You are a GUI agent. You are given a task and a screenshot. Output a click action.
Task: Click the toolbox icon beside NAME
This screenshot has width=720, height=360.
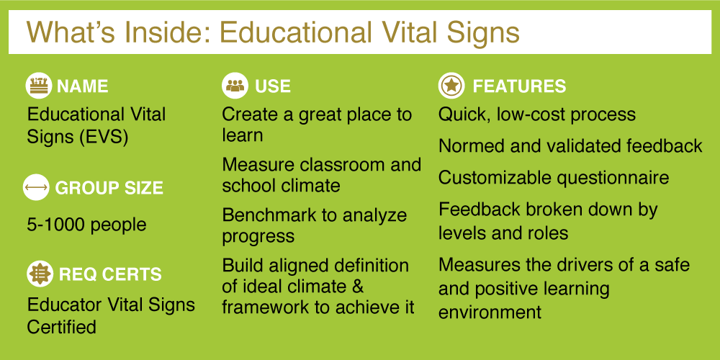[39, 86]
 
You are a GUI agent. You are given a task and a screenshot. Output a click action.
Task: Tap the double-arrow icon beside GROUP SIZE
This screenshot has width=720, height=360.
[36, 188]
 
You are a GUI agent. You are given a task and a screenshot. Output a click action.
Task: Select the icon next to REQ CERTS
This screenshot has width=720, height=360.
[40, 274]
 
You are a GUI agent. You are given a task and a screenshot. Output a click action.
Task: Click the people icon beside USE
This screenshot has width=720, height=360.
[235, 86]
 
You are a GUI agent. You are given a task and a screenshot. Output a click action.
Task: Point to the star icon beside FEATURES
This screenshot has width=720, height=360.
[451, 86]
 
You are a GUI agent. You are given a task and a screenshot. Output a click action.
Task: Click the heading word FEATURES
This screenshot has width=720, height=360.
[519, 86]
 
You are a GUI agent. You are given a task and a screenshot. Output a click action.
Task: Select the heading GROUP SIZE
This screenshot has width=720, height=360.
[109, 188]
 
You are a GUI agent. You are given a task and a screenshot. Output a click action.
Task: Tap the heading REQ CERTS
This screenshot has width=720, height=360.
[110, 274]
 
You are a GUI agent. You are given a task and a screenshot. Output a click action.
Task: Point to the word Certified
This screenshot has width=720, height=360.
[61, 327]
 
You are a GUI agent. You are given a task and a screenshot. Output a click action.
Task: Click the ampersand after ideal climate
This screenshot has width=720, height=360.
[357, 287]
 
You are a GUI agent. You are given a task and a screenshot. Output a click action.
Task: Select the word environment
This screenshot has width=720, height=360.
[490, 312]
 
